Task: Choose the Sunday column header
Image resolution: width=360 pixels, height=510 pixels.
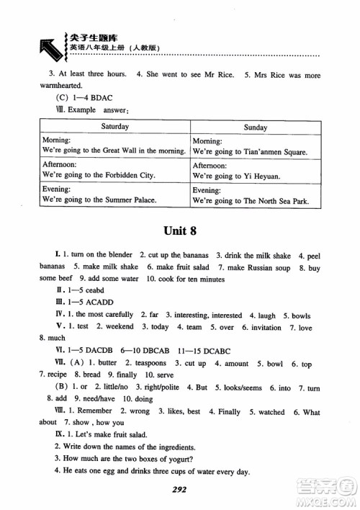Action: pyautogui.click(x=255, y=127)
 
